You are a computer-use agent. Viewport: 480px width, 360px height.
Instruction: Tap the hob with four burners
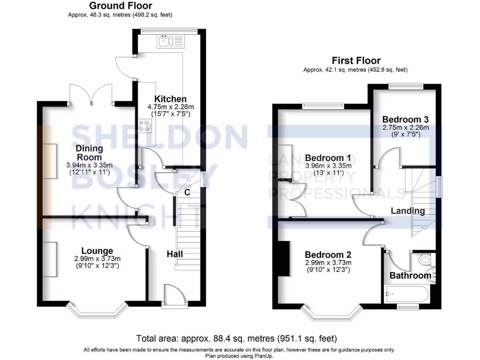coord(145,125)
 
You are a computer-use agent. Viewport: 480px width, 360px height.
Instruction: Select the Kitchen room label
coord(171,99)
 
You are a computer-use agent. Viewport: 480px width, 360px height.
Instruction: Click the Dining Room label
coord(89,152)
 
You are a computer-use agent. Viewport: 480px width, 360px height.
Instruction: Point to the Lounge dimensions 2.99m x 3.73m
coord(97,259)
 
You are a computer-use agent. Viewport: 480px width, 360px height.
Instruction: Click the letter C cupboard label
coord(187,192)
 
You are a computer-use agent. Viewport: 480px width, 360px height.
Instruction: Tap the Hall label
coord(175,254)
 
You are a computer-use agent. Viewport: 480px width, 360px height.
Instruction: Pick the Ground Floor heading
coord(120,6)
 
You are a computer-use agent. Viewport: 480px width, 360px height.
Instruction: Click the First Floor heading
coord(356,60)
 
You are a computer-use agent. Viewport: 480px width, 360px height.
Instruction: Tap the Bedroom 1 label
coord(328,157)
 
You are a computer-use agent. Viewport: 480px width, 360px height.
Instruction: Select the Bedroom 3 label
coord(405,119)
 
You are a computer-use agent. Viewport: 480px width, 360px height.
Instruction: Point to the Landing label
coord(408,211)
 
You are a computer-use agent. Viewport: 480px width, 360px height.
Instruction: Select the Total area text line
coord(236,338)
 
